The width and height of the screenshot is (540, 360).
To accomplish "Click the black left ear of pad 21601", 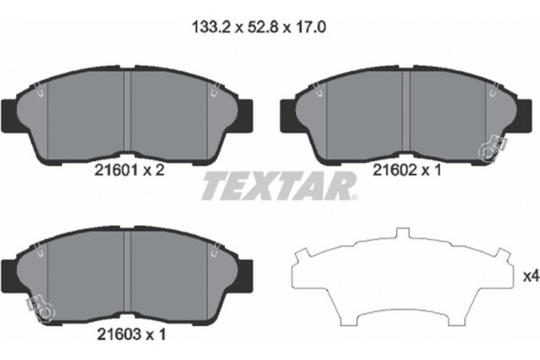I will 10,112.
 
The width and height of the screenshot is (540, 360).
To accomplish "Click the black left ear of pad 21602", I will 291,112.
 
